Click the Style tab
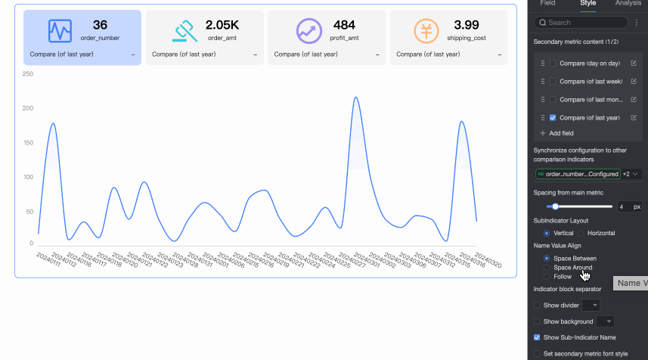point(588,4)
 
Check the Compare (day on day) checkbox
point(553,63)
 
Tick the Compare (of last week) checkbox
point(553,81)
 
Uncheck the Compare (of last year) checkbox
point(553,117)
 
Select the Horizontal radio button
point(583,233)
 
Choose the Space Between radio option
point(547,259)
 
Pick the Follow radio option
point(547,277)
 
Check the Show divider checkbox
point(537,305)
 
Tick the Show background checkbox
point(537,321)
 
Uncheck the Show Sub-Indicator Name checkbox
point(537,337)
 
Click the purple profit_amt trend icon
point(307,31)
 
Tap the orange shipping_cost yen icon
point(426,31)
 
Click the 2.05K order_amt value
point(222,26)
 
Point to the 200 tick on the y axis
point(28,108)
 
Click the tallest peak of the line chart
point(356,98)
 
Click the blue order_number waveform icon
point(60,31)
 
